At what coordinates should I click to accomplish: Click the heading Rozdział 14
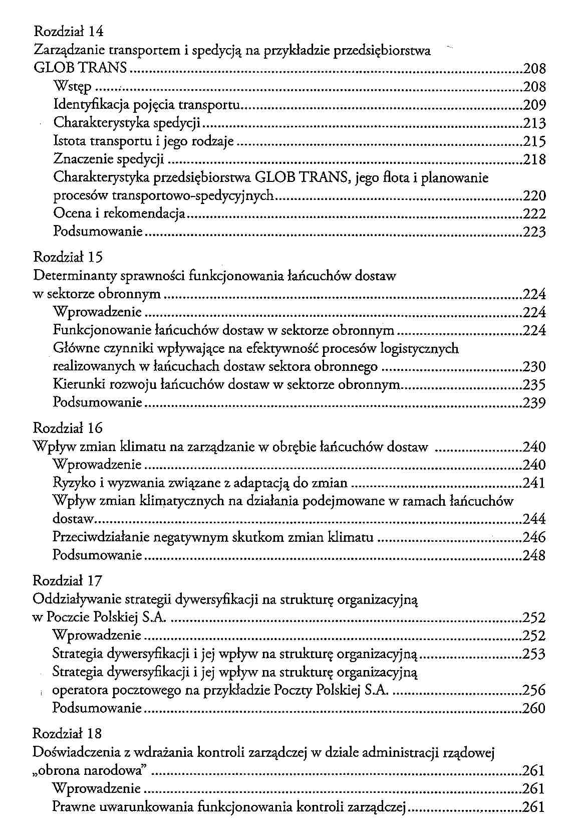[69, 32]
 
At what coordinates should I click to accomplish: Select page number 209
[534, 105]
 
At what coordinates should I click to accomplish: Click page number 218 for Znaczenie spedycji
[534, 160]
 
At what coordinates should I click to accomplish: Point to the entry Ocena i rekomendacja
[119, 214]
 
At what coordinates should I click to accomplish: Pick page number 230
[534, 367]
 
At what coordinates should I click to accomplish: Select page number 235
[534, 385]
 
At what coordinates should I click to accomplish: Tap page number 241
[534, 483]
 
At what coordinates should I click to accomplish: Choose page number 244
[534, 519]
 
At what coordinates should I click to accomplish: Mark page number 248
[534, 555]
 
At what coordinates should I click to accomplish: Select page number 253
[533, 654]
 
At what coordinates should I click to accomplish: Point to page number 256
[533, 691]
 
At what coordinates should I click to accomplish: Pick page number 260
[533, 709]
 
